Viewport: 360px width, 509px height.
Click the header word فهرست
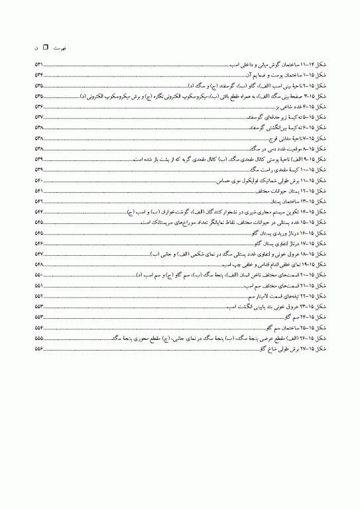point(59,48)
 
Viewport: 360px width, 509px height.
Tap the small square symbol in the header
point(46,48)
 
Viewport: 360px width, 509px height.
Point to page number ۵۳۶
point(39,107)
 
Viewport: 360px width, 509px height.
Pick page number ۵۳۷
point(39,117)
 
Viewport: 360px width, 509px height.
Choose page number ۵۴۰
point(39,180)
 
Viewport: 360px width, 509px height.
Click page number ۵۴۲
point(39,201)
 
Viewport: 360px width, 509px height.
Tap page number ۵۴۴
point(39,211)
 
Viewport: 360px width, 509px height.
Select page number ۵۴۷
point(39,254)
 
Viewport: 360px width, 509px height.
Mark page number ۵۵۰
point(39,274)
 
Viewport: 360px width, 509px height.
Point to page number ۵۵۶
point(39,349)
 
